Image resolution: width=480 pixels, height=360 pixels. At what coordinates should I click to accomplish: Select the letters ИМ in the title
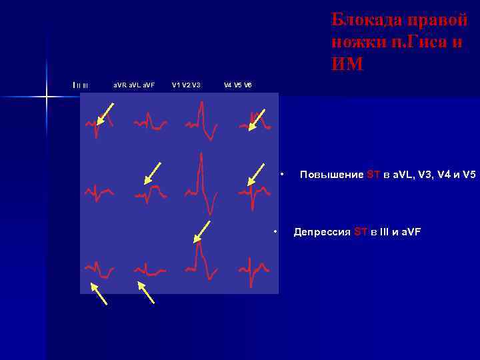[x=347, y=65]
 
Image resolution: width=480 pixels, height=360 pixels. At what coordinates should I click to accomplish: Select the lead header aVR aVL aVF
[x=133, y=85]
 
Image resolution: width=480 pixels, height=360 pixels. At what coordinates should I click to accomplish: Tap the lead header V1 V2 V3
[x=186, y=85]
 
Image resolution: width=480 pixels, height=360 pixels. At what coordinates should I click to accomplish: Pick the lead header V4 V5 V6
[x=238, y=85]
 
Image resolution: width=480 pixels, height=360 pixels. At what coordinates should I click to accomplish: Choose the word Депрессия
[x=322, y=232]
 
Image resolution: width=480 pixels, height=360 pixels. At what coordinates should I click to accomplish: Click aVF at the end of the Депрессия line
[x=409, y=232]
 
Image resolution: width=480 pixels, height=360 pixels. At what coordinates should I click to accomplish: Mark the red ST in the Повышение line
[x=373, y=175]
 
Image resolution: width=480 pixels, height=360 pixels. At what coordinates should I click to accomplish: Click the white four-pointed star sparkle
[x=47, y=97]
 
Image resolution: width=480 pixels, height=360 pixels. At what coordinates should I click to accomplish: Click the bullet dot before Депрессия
[x=275, y=231]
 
